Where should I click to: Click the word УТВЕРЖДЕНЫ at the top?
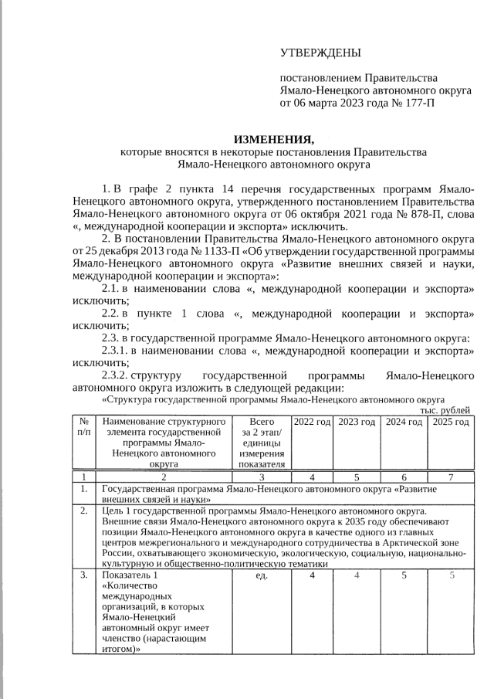320,53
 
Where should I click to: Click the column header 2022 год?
312,422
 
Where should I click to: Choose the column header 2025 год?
451,422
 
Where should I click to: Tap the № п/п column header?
83,428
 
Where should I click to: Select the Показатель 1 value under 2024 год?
404,575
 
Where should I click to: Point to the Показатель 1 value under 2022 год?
312,575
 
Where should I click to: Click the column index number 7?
451,477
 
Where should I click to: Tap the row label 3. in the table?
83,575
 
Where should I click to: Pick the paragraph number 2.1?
113,288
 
